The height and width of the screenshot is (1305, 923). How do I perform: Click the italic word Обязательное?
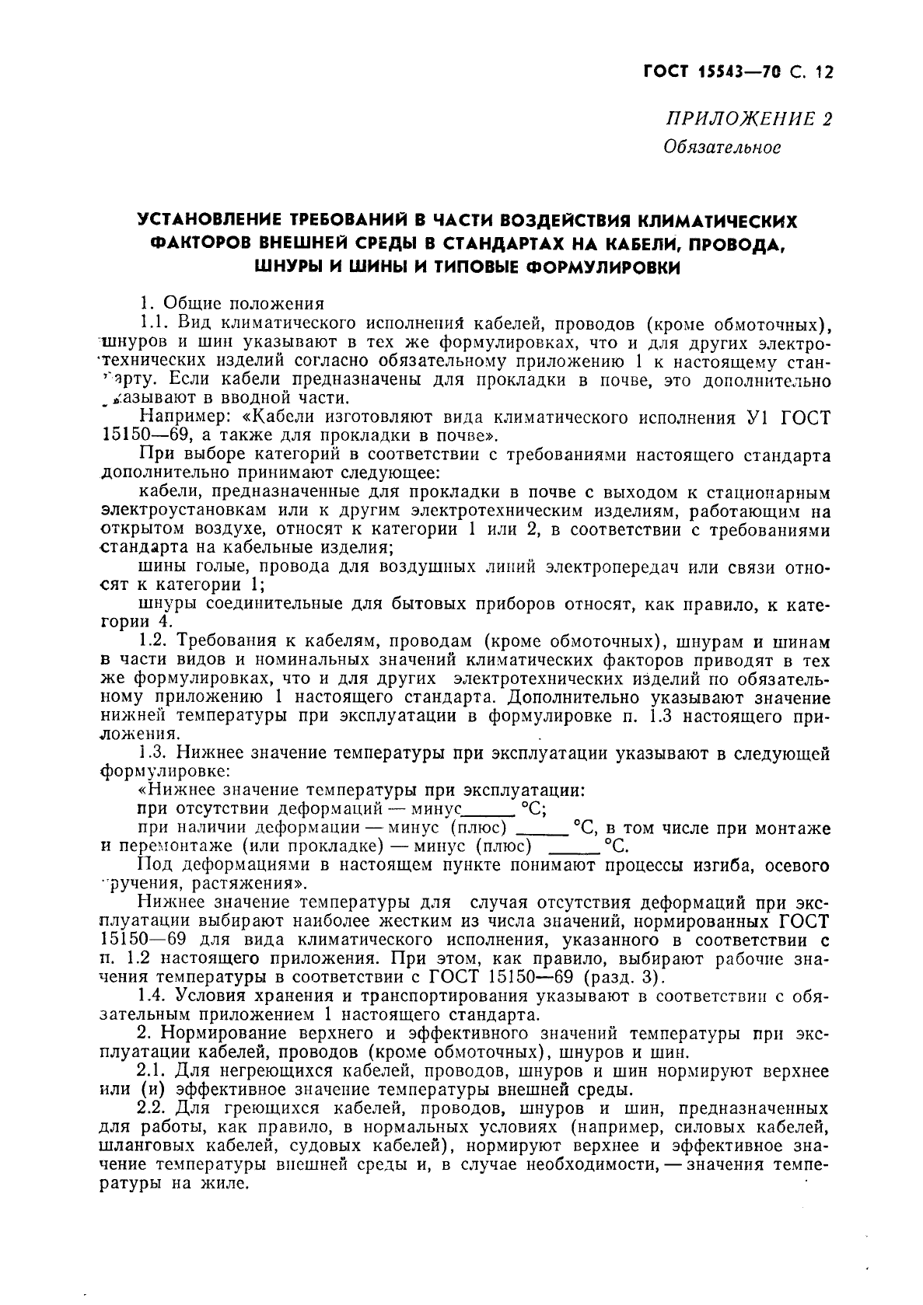click(721, 146)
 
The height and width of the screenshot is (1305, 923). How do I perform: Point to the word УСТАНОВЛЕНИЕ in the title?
click(209, 222)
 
